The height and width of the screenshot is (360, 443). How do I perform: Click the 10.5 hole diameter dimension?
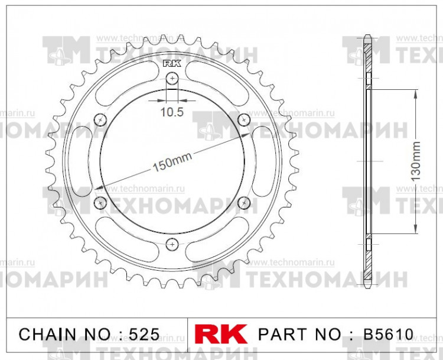pyautogui.click(x=172, y=111)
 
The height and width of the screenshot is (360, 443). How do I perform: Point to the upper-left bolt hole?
pyautogui.click(x=100, y=119)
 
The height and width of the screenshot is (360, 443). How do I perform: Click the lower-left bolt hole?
pyautogui.click(x=100, y=203)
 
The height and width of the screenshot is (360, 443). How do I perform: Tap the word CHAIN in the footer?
pyautogui.click(x=45, y=334)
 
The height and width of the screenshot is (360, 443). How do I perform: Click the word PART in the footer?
pyautogui.click(x=281, y=334)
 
